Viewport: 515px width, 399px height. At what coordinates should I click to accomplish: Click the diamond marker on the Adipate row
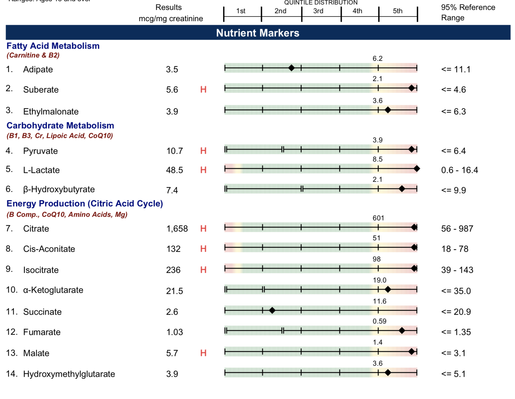point(291,68)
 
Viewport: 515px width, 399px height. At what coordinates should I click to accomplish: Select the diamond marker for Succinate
point(272,310)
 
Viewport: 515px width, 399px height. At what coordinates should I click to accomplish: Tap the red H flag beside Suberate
point(203,89)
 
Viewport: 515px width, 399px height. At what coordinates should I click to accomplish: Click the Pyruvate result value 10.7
point(174,151)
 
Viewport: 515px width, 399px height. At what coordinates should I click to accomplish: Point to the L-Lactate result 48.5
point(174,170)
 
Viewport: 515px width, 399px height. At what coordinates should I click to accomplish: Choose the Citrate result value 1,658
point(177,229)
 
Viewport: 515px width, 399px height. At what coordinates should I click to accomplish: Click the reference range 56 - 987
point(457,229)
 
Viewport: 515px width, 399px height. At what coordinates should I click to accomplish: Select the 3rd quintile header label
point(318,11)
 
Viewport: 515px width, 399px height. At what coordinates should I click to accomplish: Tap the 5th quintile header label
point(397,11)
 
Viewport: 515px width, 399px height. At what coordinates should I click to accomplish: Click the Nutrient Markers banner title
point(257,33)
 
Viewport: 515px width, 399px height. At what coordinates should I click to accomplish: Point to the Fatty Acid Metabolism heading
point(53,46)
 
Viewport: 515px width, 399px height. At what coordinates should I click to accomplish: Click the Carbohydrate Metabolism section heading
point(60,125)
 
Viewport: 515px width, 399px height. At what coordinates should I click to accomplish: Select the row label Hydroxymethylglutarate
point(69,374)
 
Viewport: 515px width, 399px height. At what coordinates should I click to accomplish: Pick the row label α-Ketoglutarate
point(53,290)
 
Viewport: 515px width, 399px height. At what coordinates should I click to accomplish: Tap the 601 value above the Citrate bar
point(378,218)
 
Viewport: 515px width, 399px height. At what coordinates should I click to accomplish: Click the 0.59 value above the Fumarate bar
point(379,321)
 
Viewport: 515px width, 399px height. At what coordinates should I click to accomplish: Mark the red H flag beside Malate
point(203,353)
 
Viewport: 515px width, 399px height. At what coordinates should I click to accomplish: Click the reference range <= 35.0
point(456,291)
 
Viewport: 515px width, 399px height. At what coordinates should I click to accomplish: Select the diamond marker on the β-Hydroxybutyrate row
point(402,189)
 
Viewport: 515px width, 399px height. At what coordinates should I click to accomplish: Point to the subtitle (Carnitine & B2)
point(33,55)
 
